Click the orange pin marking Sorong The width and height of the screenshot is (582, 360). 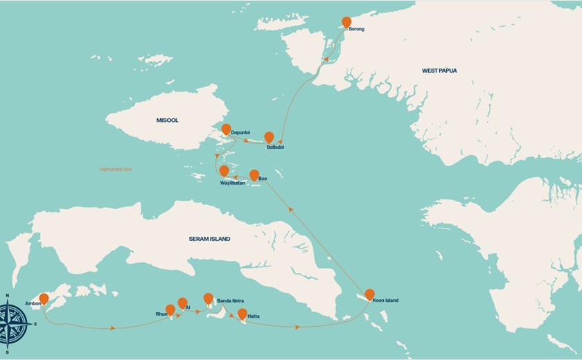pos(346,22)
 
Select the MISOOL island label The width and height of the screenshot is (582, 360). pos(167,120)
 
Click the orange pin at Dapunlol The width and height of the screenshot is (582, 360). pos(226,129)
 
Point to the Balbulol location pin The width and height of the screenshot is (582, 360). pos(269,137)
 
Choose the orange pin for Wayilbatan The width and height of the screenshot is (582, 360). pos(224,170)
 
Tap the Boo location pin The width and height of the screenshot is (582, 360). pos(254,174)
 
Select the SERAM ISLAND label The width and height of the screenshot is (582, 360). pos(209,239)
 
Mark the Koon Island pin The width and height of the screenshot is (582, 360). pos(369,294)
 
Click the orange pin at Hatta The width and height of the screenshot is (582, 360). pos(242,314)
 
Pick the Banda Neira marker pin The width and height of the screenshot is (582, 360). pos(208,298)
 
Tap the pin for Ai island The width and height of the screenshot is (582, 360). pos(182,303)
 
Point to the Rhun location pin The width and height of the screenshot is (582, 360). pos(170,309)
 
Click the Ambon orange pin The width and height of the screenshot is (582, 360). pos(44,298)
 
